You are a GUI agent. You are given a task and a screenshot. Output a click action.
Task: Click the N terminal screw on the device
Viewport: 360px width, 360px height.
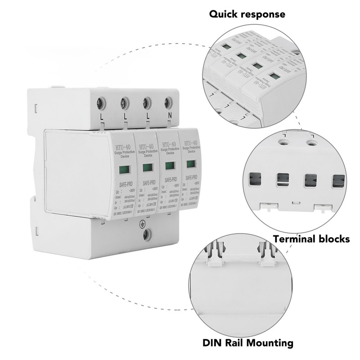click(x=169, y=102)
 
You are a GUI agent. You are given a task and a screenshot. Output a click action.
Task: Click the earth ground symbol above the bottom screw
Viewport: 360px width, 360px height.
click(x=143, y=223)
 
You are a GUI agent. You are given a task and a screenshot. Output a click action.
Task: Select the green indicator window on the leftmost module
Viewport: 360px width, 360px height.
click(x=123, y=170)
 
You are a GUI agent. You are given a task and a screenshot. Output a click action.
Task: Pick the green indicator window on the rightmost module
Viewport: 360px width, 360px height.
click(x=190, y=163)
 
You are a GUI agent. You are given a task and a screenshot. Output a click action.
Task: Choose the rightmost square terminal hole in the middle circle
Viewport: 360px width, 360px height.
click(x=338, y=180)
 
